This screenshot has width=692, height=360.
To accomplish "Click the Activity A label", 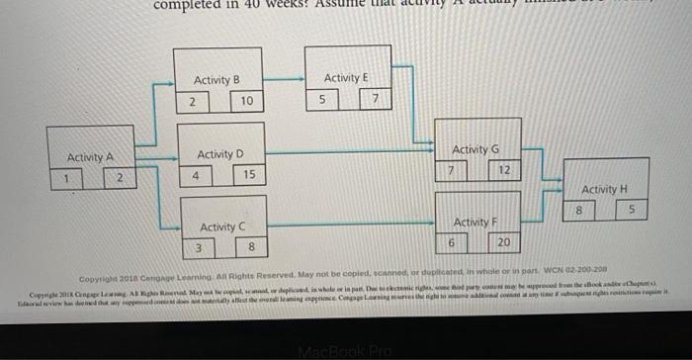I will coord(90,157).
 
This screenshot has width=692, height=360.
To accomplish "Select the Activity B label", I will coord(216,79).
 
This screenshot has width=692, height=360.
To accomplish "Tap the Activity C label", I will coord(222,227).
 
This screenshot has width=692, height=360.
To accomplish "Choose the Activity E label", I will coord(345,77).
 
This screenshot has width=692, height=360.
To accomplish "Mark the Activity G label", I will coord(475,148).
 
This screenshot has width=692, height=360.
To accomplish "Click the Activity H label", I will coord(604,188).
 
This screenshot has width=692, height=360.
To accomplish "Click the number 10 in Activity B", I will coord(247,101).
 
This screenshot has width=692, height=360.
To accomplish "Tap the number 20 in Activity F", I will coord(504,243).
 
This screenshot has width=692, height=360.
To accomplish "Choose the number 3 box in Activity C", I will coord(199,247).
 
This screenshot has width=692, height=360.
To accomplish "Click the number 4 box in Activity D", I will coord(196,175).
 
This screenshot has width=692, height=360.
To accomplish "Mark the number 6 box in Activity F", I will coord(452,243).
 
